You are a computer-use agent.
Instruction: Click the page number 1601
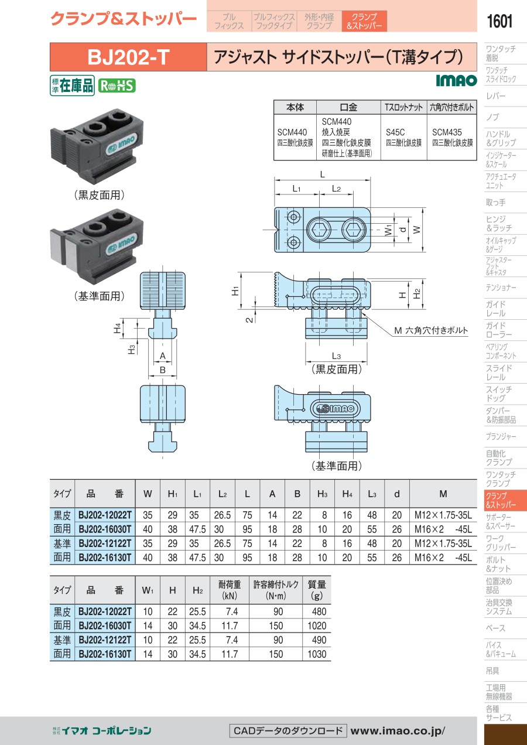coord(499,22)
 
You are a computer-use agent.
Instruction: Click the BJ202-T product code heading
coord(128,57)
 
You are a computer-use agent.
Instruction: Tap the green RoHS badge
coord(116,86)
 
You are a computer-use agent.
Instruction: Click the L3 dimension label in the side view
coord(336,356)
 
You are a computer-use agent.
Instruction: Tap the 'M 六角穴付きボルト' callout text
coord(431,330)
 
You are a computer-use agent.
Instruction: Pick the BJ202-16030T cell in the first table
coord(105,529)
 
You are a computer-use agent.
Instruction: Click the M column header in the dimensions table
coord(443,494)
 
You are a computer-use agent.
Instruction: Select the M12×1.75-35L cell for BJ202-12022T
coord(443,515)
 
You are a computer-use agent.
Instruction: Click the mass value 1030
coord(317,654)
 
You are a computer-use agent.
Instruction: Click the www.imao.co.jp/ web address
coord(398,730)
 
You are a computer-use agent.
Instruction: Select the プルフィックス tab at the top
coord(229,21)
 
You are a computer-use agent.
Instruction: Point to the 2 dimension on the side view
coord(248,319)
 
